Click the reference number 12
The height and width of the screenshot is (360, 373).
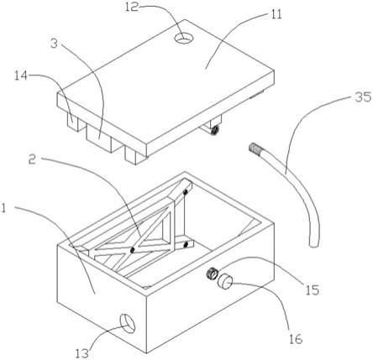point(132,7)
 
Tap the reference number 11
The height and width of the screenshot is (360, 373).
point(276,14)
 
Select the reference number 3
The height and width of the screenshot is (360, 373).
point(55,44)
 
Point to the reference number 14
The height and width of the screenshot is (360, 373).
point(21,76)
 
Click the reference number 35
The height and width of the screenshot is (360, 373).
point(363,97)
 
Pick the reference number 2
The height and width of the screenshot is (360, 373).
point(33,160)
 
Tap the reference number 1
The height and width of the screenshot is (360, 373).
point(3,208)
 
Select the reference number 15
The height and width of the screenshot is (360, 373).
point(313,290)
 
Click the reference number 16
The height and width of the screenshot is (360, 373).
point(297,339)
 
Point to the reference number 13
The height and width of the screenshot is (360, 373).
point(82,353)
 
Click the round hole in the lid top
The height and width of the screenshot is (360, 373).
point(184,38)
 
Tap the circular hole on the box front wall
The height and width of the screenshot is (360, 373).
point(128,323)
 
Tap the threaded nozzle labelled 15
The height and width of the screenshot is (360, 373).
point(212,273)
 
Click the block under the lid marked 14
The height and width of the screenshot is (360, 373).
point(73,122)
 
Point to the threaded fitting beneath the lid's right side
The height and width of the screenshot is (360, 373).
point(215,129)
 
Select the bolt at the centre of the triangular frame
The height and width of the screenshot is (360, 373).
point(132,250)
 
